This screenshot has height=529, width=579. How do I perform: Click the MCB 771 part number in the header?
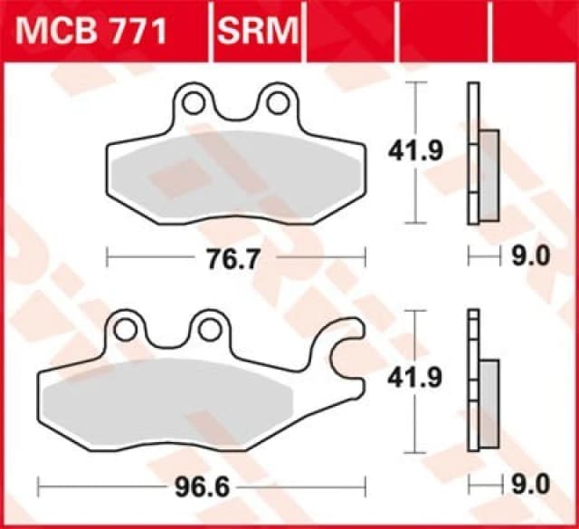click(x=90, y=33)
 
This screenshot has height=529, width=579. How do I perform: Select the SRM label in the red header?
click(x=257, y=33)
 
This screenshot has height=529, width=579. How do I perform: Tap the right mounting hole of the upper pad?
click(x=274, y=103)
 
